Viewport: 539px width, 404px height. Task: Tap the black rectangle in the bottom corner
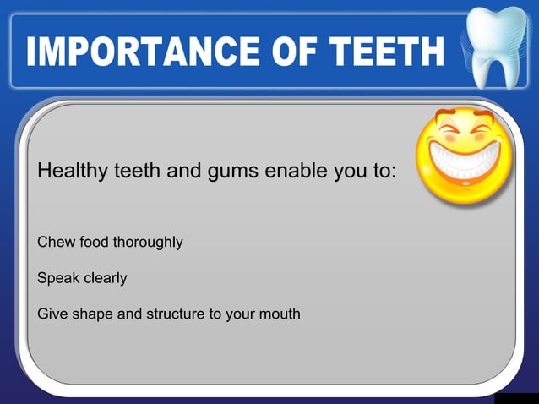tap(515, 398)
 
